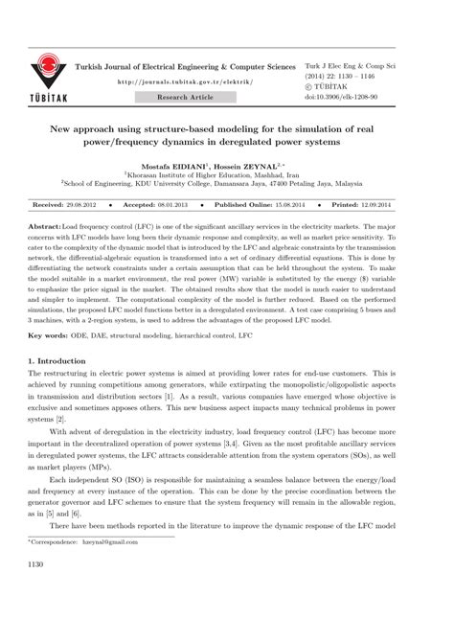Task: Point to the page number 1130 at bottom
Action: [37, 592]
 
